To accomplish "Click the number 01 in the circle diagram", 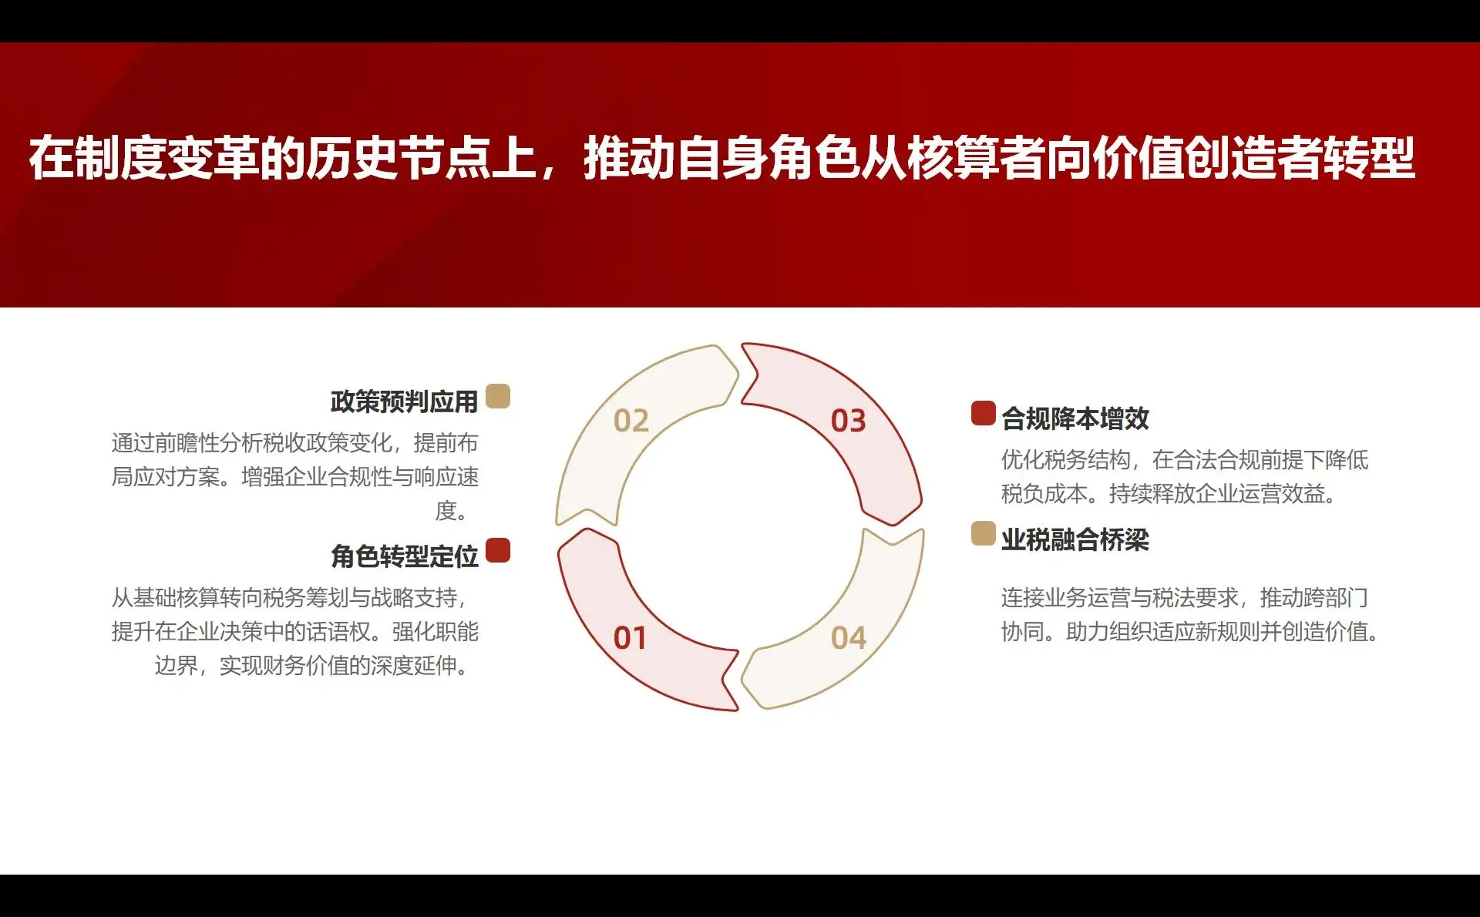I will pyautogui.click(x=630, y=638).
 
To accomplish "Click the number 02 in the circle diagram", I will pyautogui.click(x=631, y=421).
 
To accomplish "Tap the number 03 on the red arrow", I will pyautogui.click(x=848, y=421).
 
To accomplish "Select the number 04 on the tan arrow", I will pyautogui.click(x=848, y=638).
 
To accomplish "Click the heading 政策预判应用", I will pyautogui.click(x=404, y=401).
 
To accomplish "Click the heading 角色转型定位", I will pyautogui.click(x=404, y=556).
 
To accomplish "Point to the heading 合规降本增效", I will pyautogui.click(x=1075, y=418).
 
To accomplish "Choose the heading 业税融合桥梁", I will pyautogui.click(x=1075, y=539).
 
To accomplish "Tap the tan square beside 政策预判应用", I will pyautogui.click(x=498, y=396).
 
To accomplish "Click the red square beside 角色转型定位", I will pyautogui.click(x=498, y=550).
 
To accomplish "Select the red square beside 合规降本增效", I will pyautogui.click(x=983, y=413).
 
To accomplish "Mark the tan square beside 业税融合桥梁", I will pyautogui.click(x=983, y=533).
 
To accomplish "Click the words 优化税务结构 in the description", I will pyautogui.click(x=1065, y=460).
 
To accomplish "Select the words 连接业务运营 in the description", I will pyautogui.click(x=1065, y=597).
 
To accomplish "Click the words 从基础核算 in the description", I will pyautogui.click(x=165, y=597).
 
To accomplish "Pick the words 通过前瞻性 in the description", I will pyautogui.click(x=165, y=443).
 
